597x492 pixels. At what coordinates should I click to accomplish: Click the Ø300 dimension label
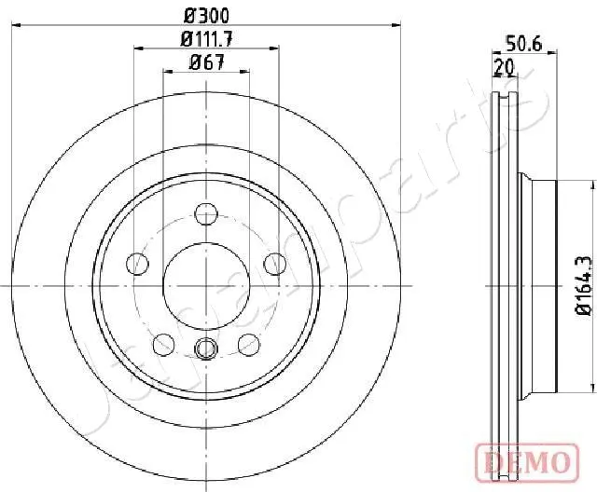click(207, 15)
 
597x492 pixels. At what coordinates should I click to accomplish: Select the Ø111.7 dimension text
click(207, 39)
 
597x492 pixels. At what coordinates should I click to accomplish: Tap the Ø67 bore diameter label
click(206, 62)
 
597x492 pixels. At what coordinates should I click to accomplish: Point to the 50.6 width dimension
click(524, 42)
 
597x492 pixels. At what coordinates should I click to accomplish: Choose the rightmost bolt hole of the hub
click(274, 264)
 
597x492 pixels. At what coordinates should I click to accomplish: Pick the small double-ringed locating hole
click(206, 324)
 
